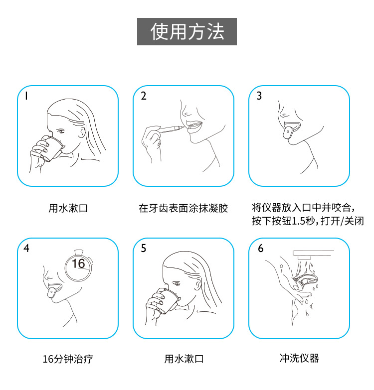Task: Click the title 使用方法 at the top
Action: point(187,32)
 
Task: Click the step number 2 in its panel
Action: point(144,96)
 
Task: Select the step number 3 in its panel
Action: point(259,96)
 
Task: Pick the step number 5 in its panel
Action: point(144,249)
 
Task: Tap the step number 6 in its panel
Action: point(260,249)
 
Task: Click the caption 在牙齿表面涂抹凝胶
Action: point(183,208)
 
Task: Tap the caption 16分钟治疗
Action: point(68,359)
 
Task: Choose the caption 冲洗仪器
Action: point(299,358)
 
